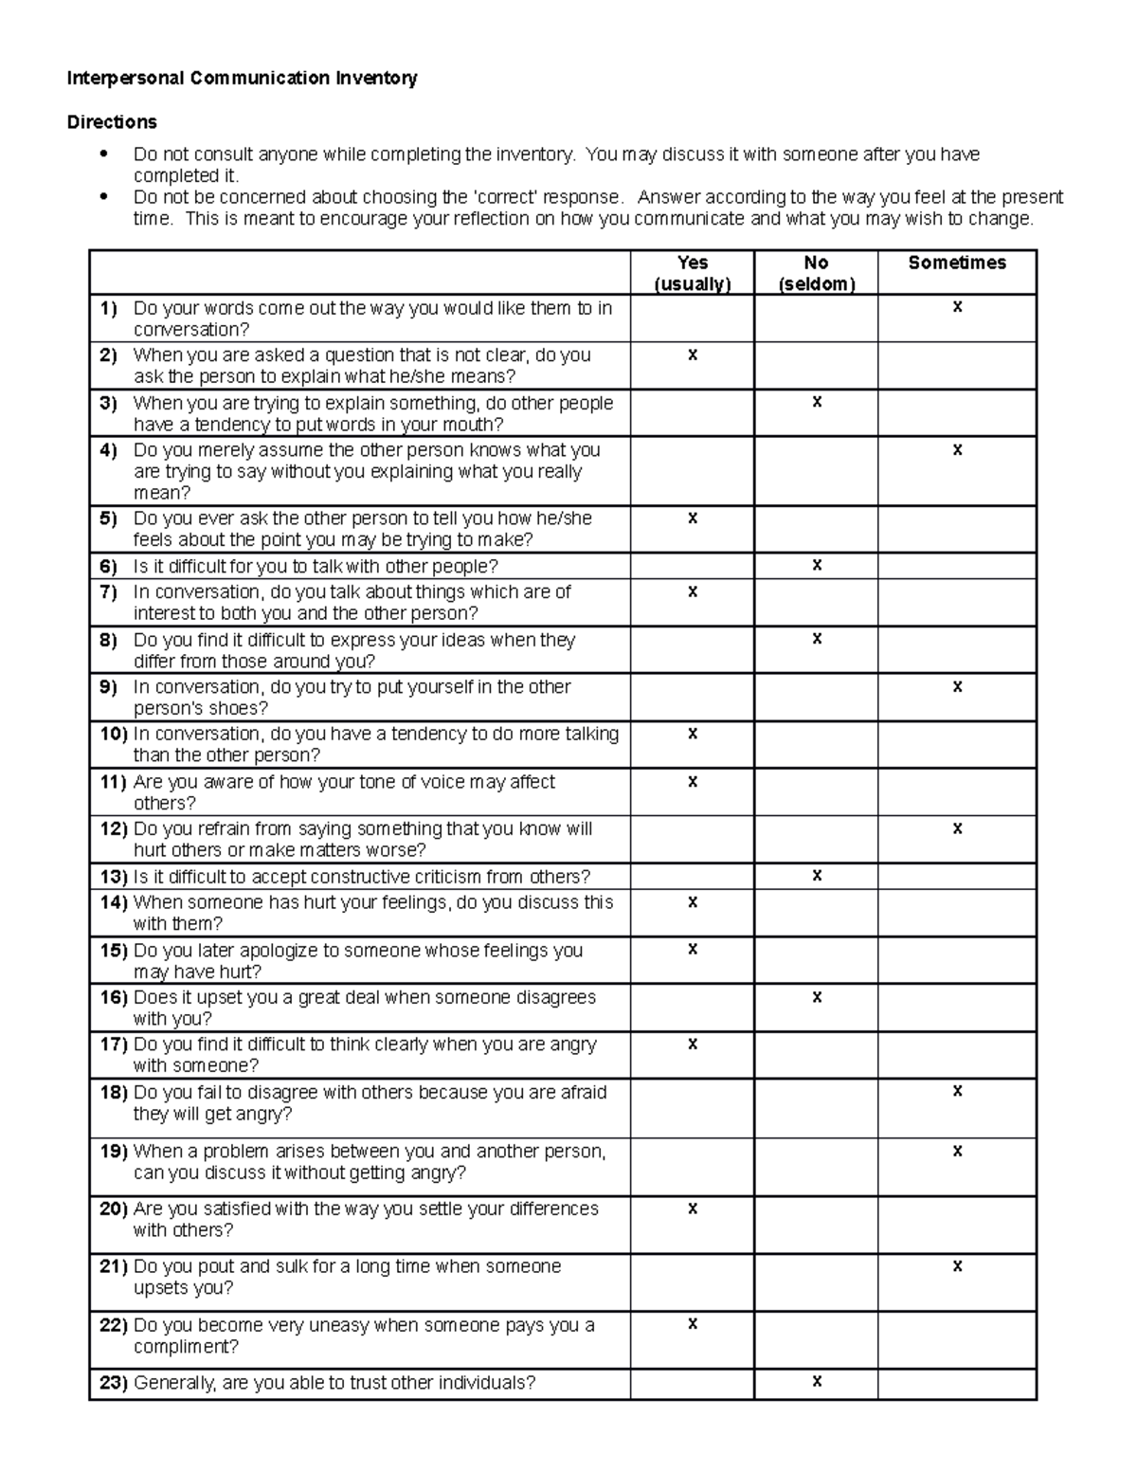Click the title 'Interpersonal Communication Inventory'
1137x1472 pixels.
tap(242, 79)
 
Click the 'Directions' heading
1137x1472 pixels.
tap(112, 122)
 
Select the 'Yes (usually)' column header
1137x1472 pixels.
tap(693, 273)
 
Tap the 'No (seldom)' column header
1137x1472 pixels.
tap(816, 273)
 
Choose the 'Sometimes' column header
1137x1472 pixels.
tap(957, 264)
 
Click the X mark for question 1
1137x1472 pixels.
tap(957, 307)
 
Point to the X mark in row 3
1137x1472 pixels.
tap(817, 402)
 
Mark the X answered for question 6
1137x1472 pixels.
tap(817, 565)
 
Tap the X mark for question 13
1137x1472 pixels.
tap(817, 876)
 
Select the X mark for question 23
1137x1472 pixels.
tap(817, 1382)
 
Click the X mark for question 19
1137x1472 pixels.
tap(957, 1151)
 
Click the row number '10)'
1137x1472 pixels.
tap(114, 734)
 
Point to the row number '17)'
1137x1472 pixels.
tap(114, 1045)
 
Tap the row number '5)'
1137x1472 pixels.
tap(108, 518)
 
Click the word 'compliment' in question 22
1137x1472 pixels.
tap(186, 1347)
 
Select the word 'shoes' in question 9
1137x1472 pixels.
tap(244, 709)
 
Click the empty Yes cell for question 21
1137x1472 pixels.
tap(693, 1282)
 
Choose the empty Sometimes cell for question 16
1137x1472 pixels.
tap(957, 1008)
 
